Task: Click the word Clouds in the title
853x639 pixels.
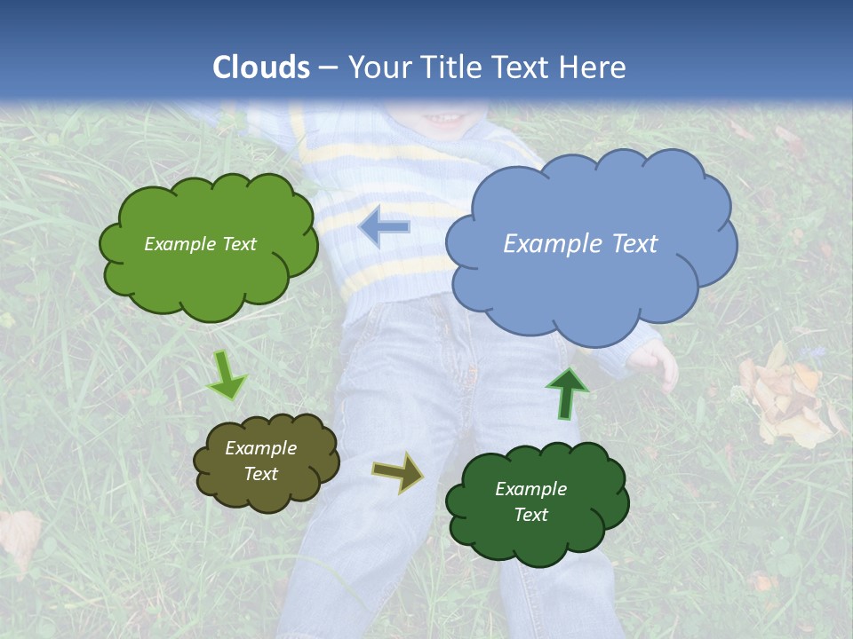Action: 261,67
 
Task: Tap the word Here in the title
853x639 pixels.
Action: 594,67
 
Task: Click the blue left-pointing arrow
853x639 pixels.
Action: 384,227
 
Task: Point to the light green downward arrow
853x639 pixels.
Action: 227,375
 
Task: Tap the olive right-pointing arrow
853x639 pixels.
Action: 398,472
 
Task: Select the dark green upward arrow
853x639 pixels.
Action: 567,393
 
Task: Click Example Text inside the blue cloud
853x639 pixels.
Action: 580,244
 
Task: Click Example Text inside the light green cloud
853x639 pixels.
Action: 200,244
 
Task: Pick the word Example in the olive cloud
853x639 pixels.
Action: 260,448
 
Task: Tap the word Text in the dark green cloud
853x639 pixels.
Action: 530,515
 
